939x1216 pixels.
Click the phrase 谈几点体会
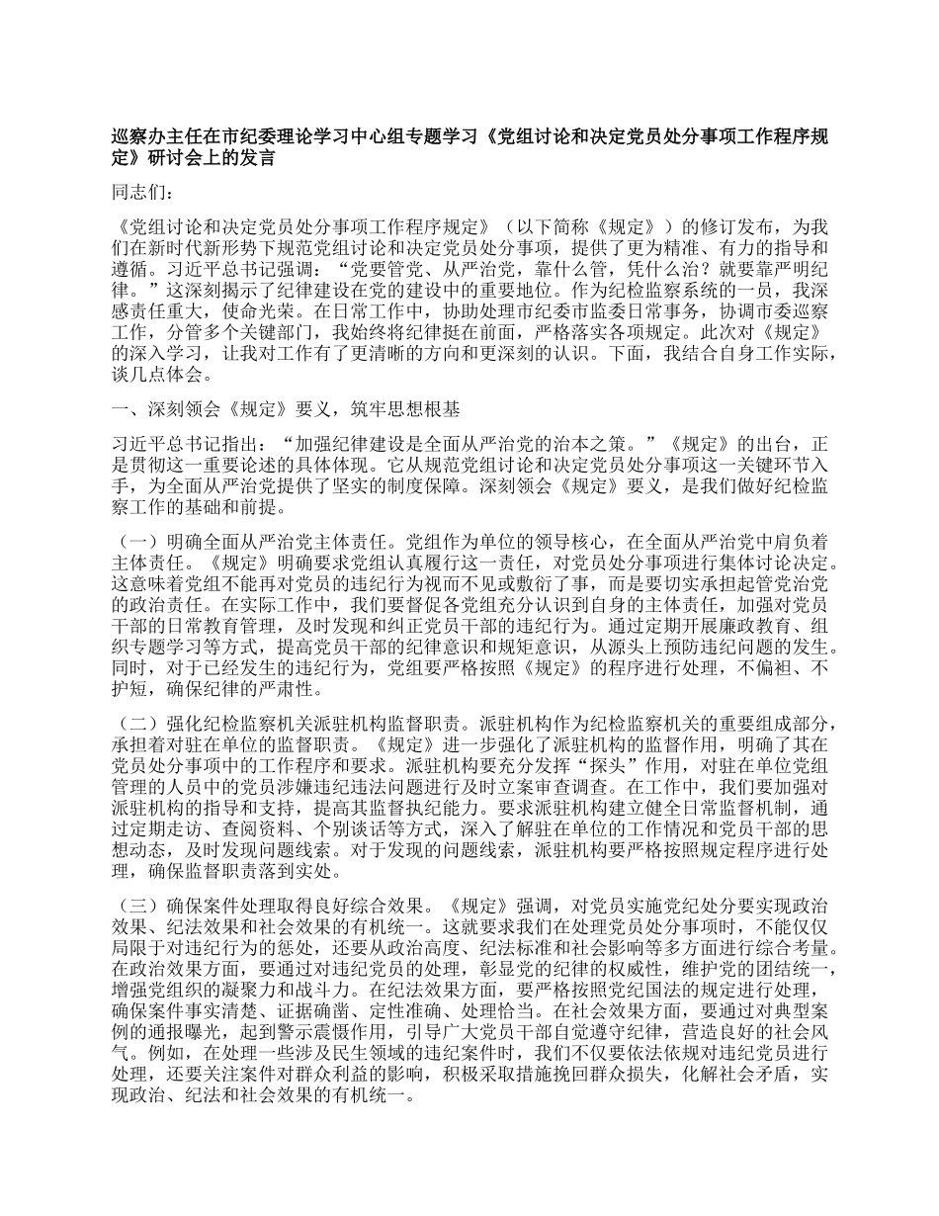(x=163, y=377)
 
